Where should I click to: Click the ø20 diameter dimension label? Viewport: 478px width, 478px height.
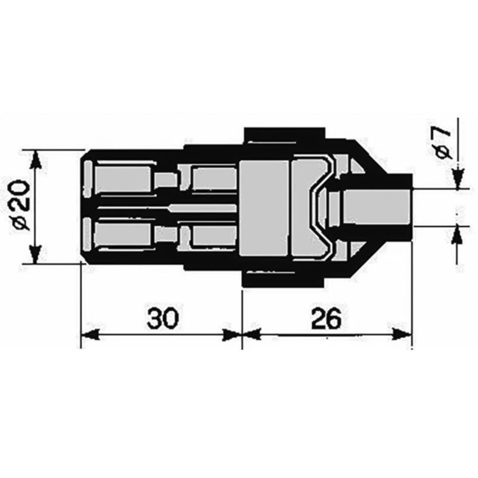(x=22, y=206)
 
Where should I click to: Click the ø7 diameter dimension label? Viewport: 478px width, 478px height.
(x=443, y=143)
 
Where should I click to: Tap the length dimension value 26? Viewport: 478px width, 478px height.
(x=326, y=318)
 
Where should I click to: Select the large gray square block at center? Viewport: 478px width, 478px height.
(x=264, y=208)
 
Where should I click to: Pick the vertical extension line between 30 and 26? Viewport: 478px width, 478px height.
(x=242, y=315)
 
